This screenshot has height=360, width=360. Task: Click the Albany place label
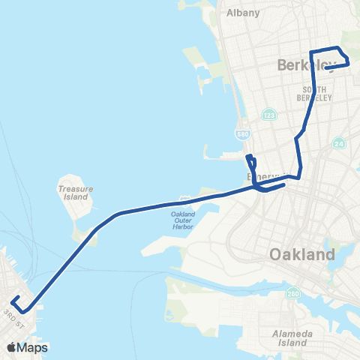242,13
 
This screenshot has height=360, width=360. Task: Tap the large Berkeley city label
303,65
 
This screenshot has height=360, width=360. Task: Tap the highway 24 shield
339,143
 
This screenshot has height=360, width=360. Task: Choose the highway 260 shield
290,294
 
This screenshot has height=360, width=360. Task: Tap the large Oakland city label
301,256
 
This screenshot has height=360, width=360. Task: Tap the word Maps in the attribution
34,347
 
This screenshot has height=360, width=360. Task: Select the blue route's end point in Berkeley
327,68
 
